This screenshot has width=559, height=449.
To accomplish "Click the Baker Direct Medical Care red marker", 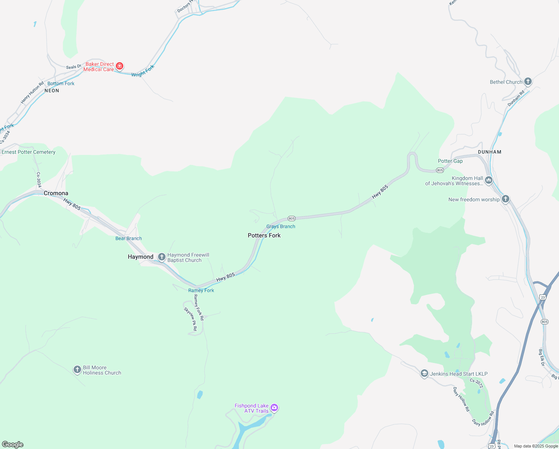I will click(120, 67).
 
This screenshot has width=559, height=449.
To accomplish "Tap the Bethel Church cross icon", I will click(528, 82).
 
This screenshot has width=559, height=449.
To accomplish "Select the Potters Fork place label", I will click(264, 235).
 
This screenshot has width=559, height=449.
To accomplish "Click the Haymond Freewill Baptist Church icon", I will click(162, 257).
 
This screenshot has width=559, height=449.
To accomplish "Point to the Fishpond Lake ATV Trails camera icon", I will click(274, 408).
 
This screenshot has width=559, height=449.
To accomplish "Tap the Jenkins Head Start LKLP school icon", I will click(424, 373).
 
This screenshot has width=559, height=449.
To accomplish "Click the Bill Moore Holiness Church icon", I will click(77, 370).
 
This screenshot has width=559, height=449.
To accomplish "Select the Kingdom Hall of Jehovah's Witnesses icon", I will click(488, 181).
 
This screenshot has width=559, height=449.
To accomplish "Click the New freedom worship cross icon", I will click(505, 199).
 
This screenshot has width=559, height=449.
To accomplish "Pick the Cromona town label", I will click(56, 193).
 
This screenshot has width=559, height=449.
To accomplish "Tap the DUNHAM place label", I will click(489, 152).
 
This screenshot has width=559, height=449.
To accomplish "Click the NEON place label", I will click(52, 91).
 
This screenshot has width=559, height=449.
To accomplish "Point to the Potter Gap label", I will click(450, 161).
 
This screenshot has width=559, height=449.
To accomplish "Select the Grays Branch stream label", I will click(281, 226).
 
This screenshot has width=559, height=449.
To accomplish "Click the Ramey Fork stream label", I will click(201, 290).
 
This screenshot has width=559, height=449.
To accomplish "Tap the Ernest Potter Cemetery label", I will click(28, 152).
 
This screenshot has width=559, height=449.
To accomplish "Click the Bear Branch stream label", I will click(129, 238).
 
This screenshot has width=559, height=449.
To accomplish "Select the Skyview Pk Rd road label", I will click(190, 319).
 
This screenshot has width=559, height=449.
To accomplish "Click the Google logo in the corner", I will click(13, 444).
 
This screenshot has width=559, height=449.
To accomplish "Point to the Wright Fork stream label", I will click(143, 71).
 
